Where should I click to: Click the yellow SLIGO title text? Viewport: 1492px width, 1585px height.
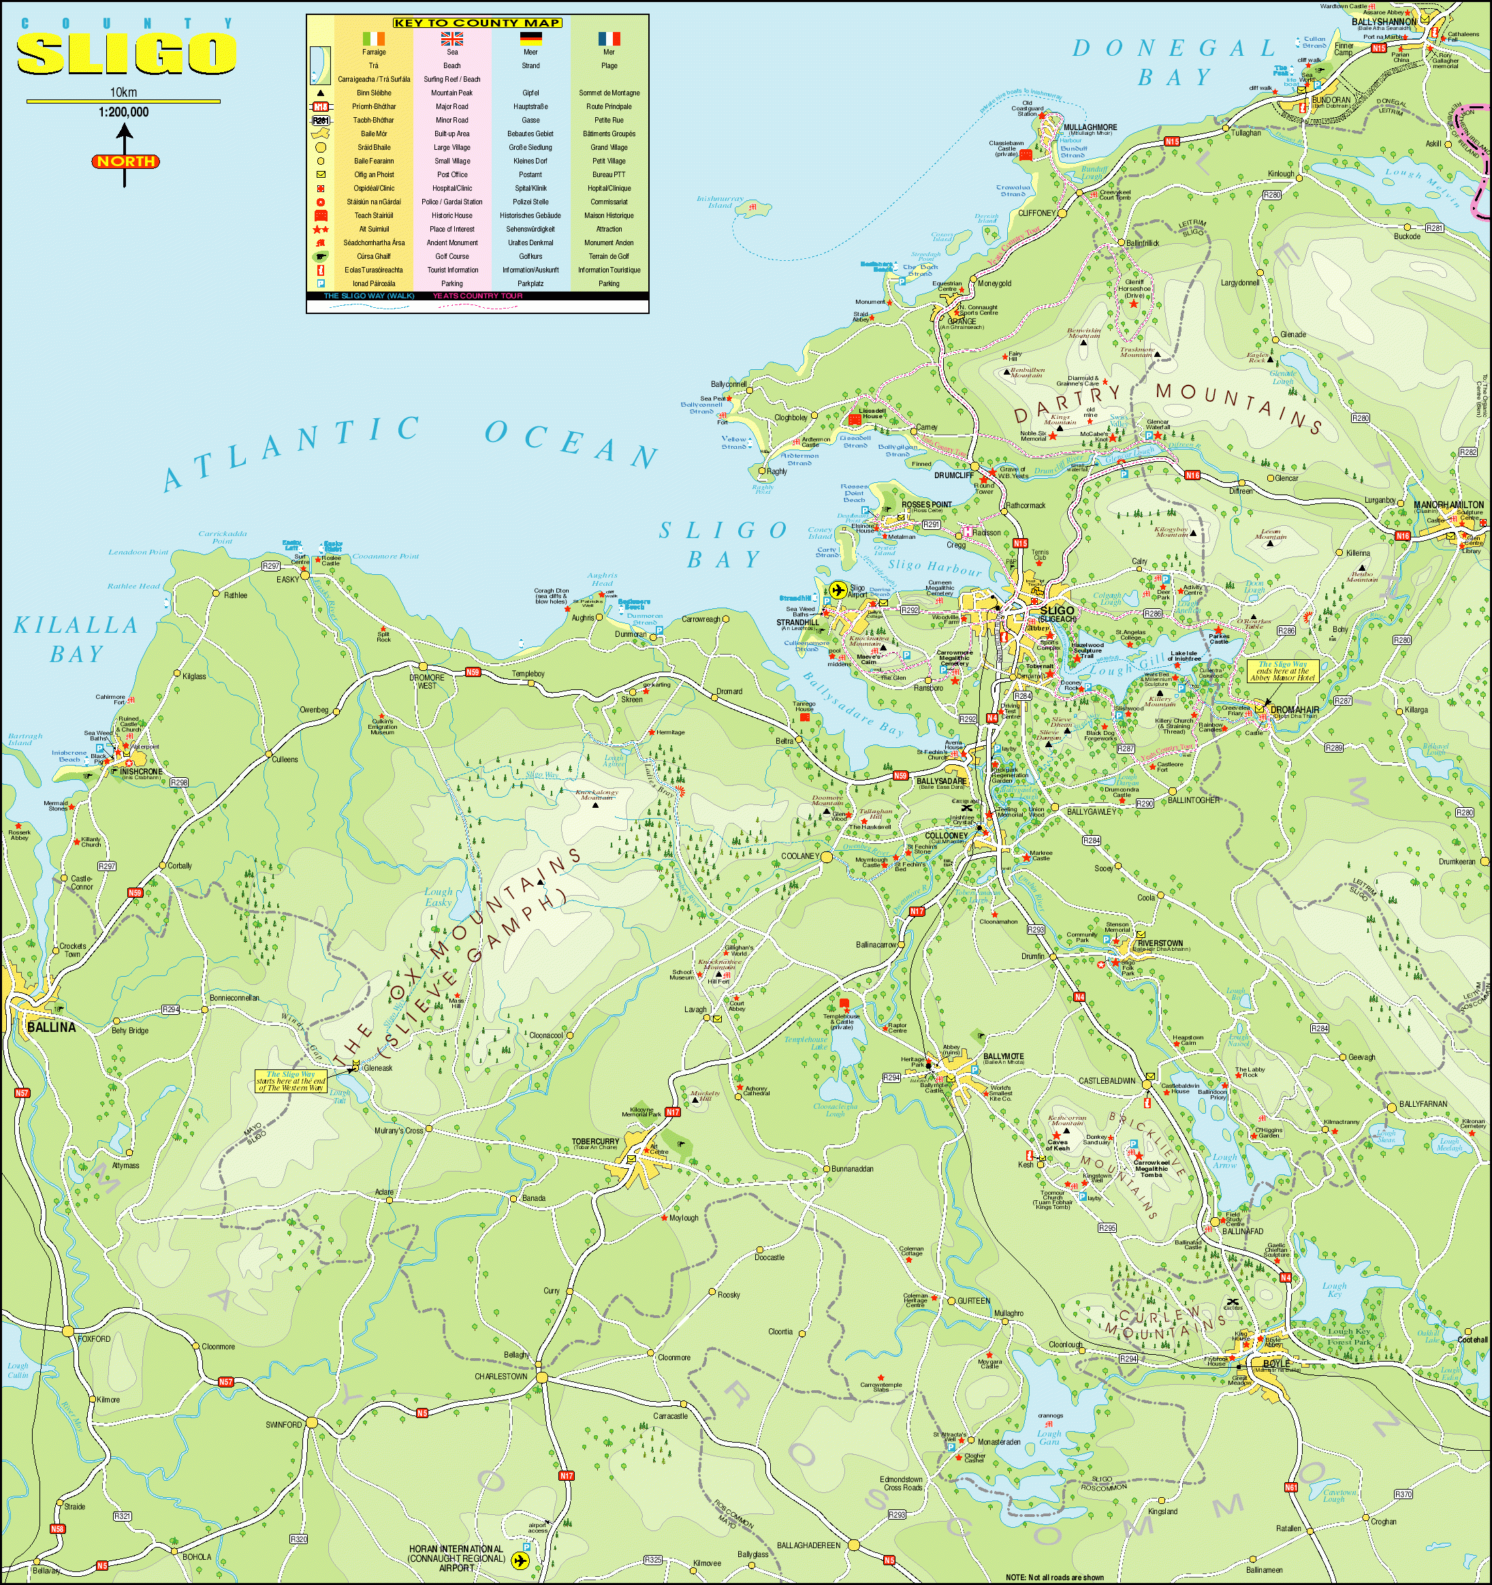(x=126, y=54)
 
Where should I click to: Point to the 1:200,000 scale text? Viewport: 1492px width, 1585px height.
(x=123, y=112)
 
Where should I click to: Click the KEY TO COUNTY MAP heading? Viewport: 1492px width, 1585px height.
(x=477, y=22)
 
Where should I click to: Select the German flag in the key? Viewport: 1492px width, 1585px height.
(x=530, y=38)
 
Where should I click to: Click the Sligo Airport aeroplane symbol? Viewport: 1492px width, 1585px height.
(x=837, y=590)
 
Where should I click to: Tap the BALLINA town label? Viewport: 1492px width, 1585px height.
(x=51, y=1028)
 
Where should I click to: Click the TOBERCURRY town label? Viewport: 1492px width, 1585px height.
(x=594, y=1142)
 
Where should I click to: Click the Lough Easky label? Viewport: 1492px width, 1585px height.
(x=439, y=897)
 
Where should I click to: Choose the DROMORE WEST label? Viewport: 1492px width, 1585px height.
(x=427, y=682)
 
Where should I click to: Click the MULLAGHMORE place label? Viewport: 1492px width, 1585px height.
(x=1090, y=127)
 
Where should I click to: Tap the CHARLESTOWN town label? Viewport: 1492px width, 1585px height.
(x=501, y=1376)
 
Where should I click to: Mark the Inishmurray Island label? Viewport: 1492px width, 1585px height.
(x=720, y=202)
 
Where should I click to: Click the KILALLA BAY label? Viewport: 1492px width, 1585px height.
(x=76, y=640)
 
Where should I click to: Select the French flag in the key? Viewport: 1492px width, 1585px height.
(x=609, y=38)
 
